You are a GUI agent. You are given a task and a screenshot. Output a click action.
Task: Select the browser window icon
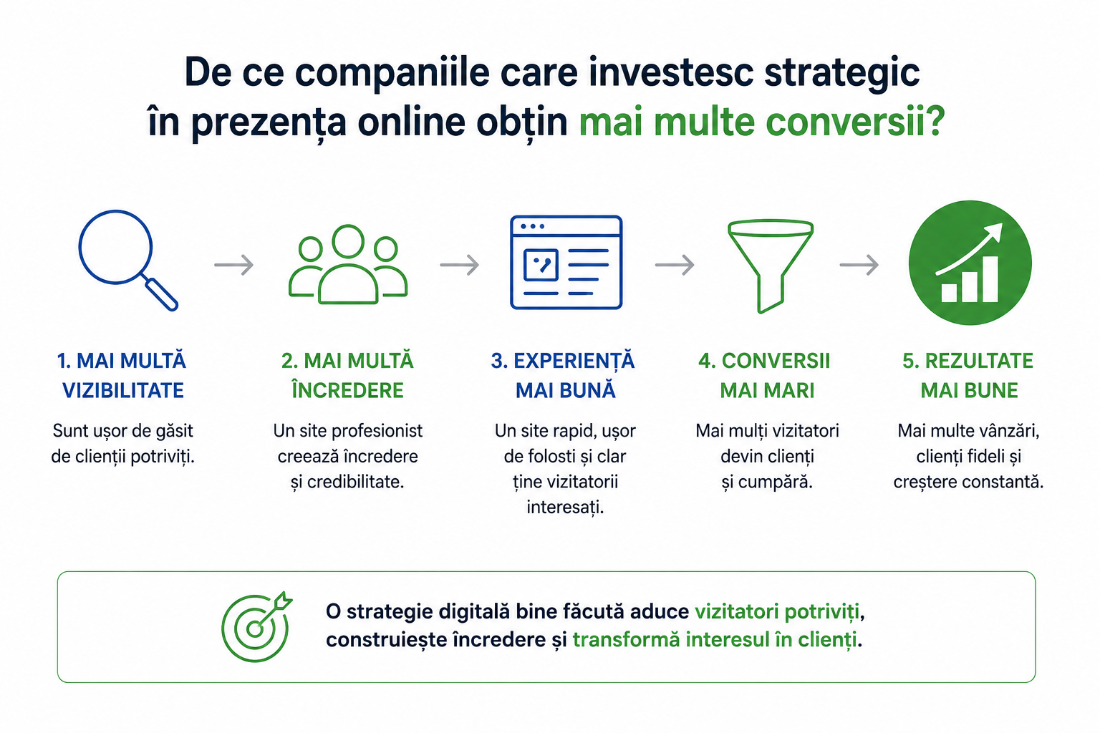pyautogui.click(x=566, y=262)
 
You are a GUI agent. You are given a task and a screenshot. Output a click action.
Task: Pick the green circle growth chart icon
pyautogui.click(x=970, y=262)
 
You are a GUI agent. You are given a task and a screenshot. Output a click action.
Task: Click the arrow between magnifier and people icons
pyautogui.click(x=233, y=265)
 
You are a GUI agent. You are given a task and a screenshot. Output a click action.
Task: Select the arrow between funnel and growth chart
pyautogui.click(x=859, y=265)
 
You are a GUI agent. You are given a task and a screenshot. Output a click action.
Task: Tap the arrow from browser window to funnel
pyautogui.click(x=675, y=265)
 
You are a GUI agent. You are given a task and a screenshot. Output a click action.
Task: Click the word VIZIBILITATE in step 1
pyautogui.click(x=122, y=391)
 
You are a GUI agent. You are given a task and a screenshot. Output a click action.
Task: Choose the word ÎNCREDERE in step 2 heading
pyautogui.click(x=347, y=390)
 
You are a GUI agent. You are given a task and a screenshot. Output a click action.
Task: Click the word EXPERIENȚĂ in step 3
pyautogui.click(x=574, y=361)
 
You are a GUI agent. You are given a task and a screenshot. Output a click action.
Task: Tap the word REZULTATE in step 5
pyautogui.click(x=979, y=361)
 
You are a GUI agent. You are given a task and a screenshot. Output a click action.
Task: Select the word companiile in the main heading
pyautogui.click(x=392, y=74)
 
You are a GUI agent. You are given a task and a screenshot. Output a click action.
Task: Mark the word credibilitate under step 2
pyautogui.click(x=355, y=482)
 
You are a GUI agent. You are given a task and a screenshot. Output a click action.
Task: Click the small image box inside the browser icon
pyautogui.click(x=541, y=265)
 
